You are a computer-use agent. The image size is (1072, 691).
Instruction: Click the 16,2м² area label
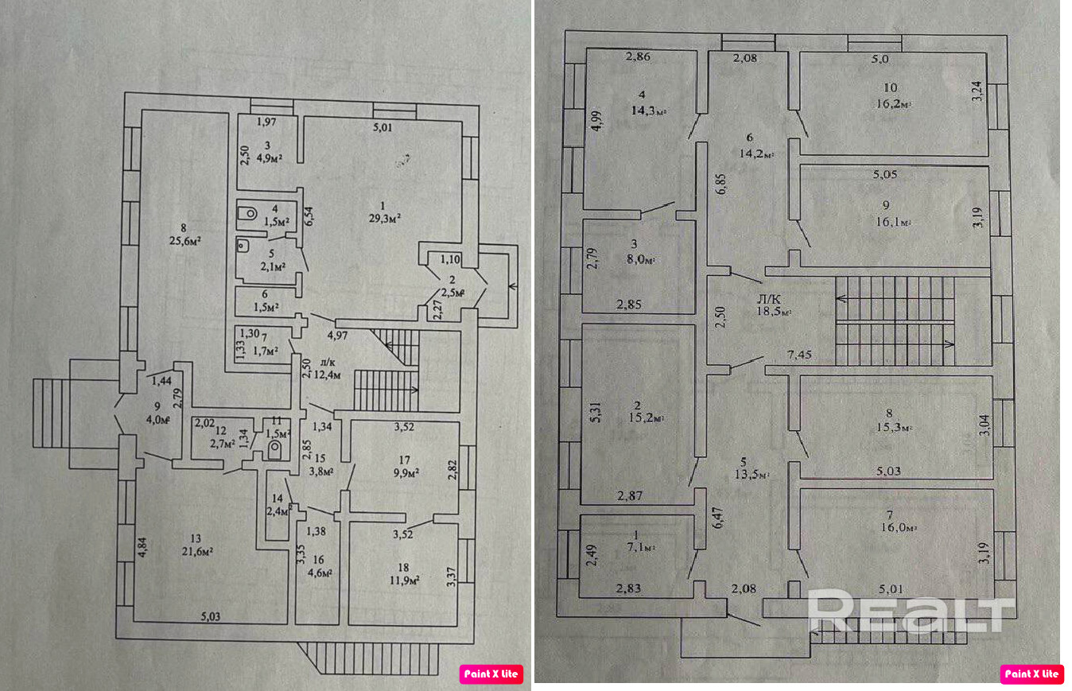891,104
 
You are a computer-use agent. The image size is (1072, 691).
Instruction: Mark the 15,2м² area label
648,417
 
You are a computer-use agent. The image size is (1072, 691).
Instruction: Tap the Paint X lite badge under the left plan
491,674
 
